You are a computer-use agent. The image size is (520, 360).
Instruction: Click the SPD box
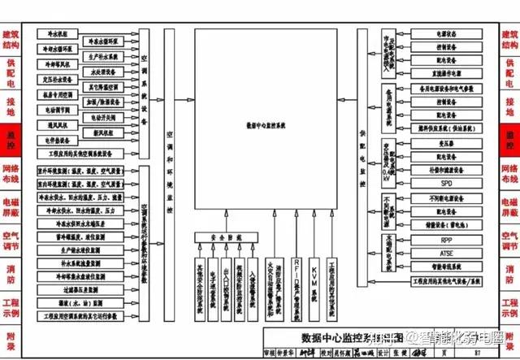(446, 184)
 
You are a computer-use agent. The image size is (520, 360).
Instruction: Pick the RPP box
(446, 241)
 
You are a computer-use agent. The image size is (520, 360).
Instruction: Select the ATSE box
(446, 253)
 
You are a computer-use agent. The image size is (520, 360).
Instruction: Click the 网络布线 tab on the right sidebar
(509, 172)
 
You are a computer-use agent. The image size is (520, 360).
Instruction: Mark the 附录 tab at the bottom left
(11, 335)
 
